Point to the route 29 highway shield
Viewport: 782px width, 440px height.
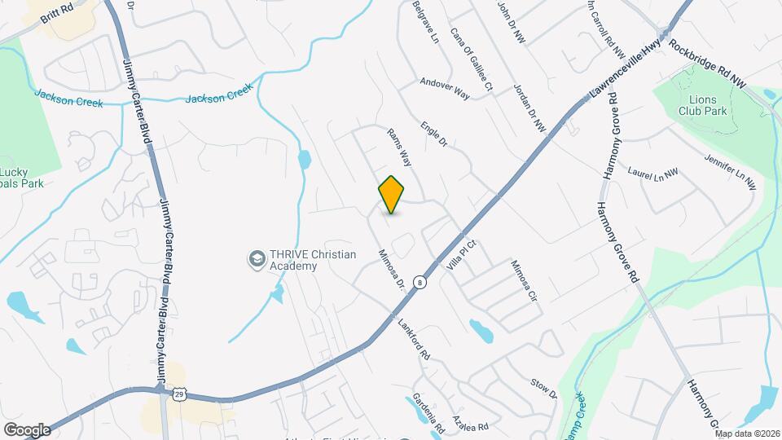click(x=178, y=394)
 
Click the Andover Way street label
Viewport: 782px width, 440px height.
click(x=445, y=88)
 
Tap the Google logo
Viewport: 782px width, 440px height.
click(x=27, y=429)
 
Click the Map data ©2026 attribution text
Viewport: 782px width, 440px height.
click(x=744, y=433)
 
